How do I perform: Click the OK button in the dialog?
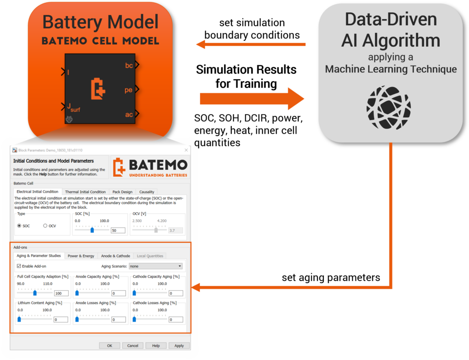pyautogui.click(x=109, y=346)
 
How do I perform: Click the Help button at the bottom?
pyautogui.click(x=156, y=346)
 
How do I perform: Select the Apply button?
pyautogui.click(x=179, y=346)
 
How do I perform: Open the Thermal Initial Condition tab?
pyautogui.click(x=85, y=192)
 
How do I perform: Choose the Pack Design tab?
pyautogui.click(x=122, y=192)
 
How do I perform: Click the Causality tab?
pyautogui.click(x=147, y=192)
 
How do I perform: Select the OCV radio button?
pyautogui.click(x=46, y=226)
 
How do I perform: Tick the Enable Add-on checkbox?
pyautogui.click(x=19, y=266)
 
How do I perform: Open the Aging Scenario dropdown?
pyautogui.click(x=156, y=266)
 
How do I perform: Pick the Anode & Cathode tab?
pyautogui.click(x=115, y=256)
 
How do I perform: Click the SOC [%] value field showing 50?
pyautogui.click(x=118, y=230)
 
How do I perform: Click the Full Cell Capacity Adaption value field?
pyautogui.click(x=61, y=294)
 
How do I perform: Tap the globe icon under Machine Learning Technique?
pyautogui.click(x=388, y=107)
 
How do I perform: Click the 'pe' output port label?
pyautogui.click(x=129, y=90)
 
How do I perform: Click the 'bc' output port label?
pyautogui.click(x=129, y=65)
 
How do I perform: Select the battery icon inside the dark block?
pyautogui.click(x=98, y=89)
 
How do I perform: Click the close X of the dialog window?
pyautogui.click(x=186, y=150)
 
